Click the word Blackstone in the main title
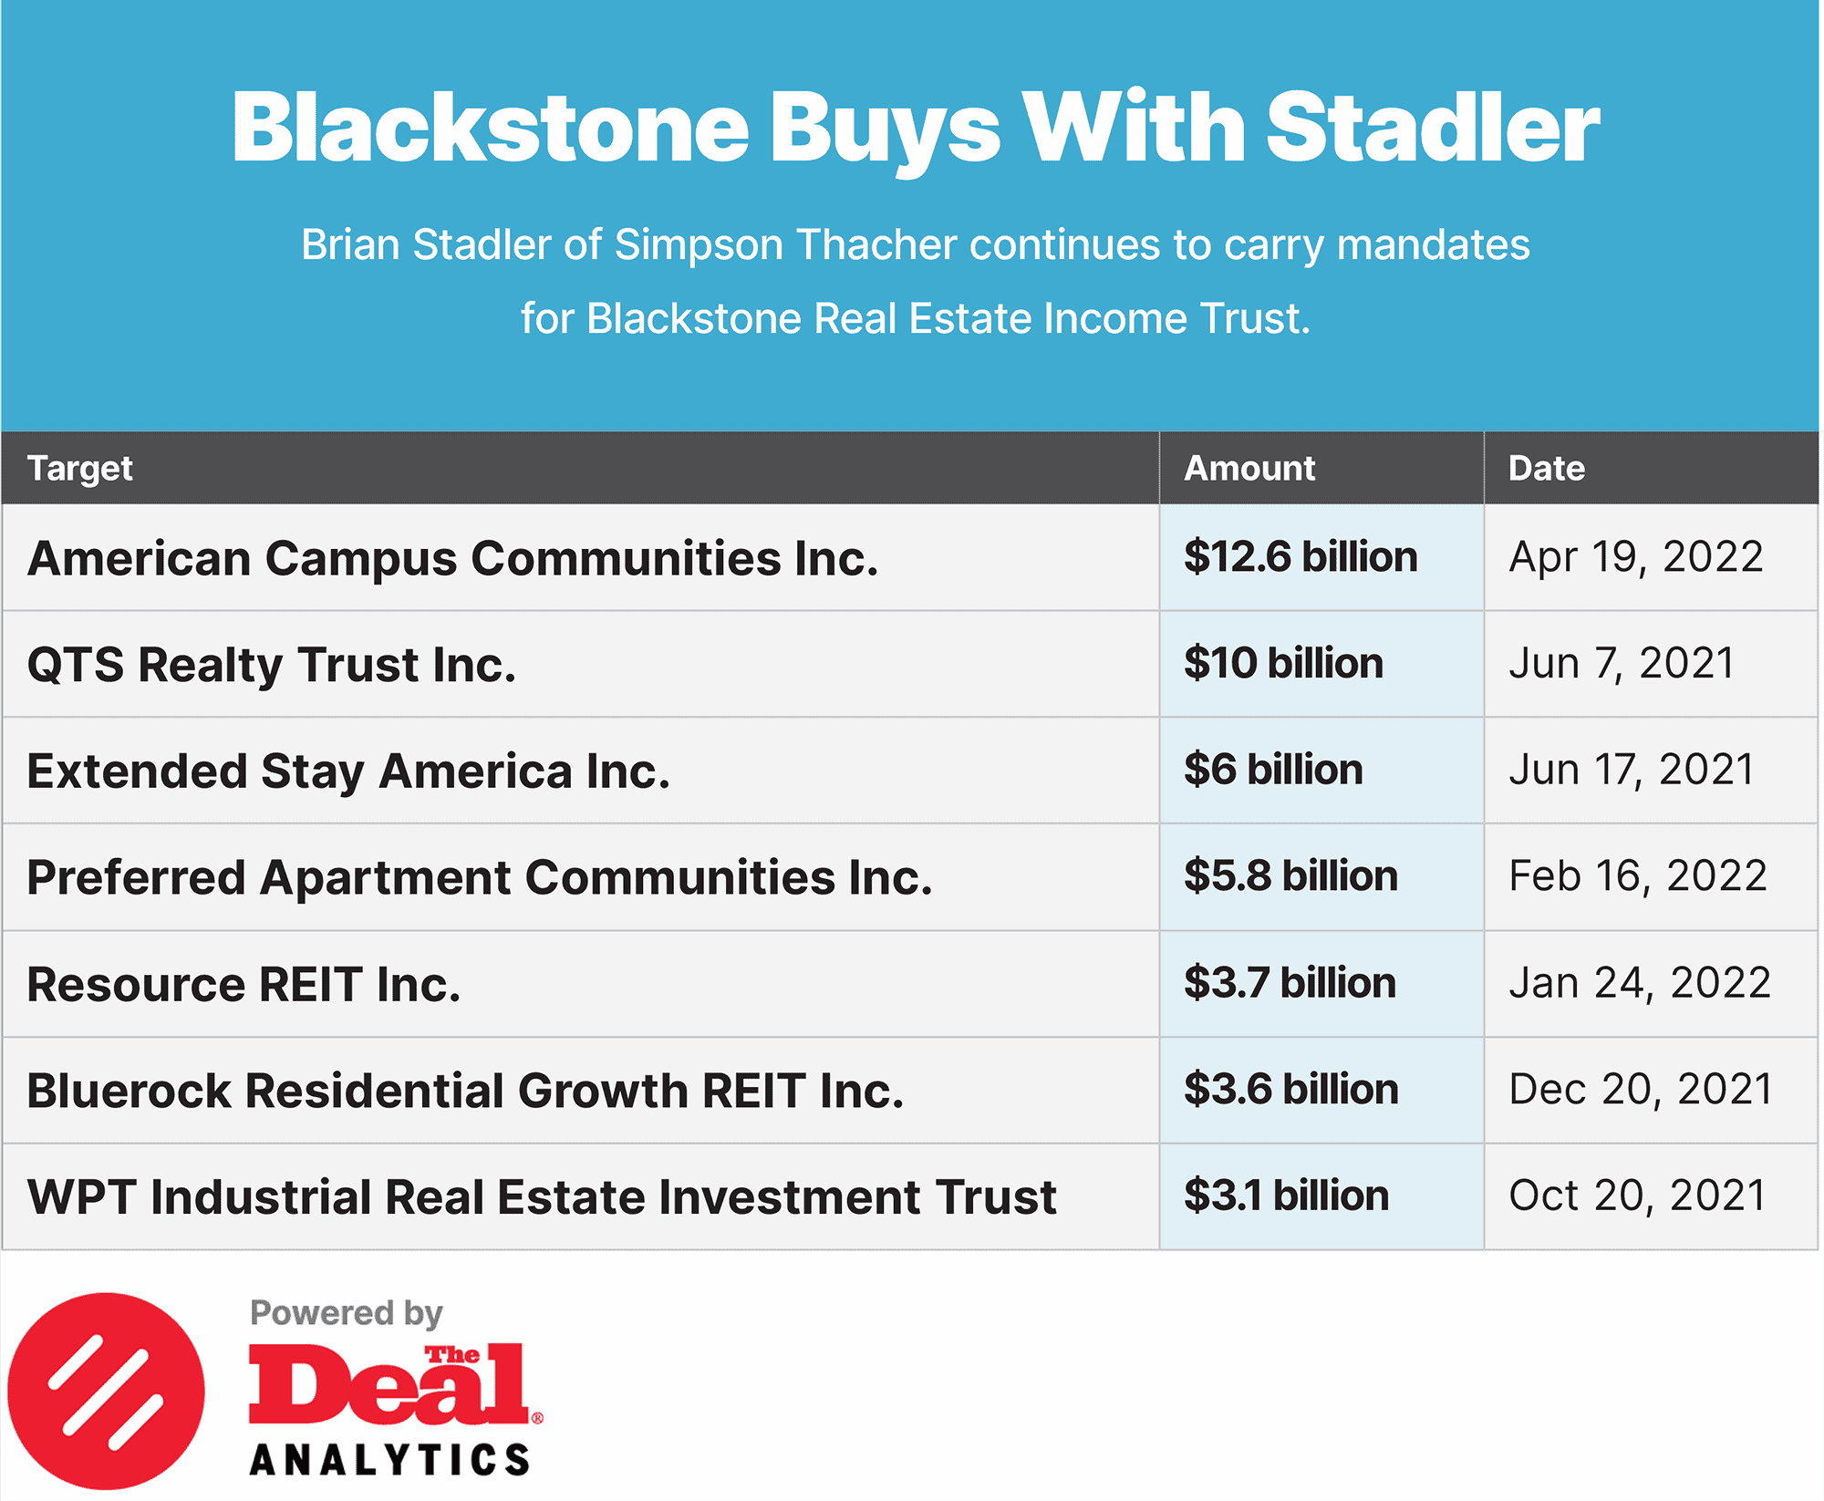(x=491, y=128)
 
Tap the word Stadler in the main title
(x=1433, y=128)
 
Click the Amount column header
(x=1249, y=468)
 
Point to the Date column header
(x=1547, y=468)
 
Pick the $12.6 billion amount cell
(x=1301, y=557)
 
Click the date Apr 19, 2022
(x=1636, y=557)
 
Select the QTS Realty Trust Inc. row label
(x=272, y=664)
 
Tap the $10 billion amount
(x=1283, y=663)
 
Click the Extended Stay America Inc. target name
(x=348, y=771)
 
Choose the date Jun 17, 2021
(x=1632, y=770)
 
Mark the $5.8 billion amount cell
(x=1290, y=876)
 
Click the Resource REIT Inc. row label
(x=244, y=985)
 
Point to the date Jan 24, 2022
(x=1640, y=983)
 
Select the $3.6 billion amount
(x=1291, y=1090)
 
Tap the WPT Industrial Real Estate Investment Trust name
(x=542, y=1197)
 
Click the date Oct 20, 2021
(x=1638, y=1196)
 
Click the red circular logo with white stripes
(x=106, y=1391)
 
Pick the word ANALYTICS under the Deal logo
(x=389, y=1460)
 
